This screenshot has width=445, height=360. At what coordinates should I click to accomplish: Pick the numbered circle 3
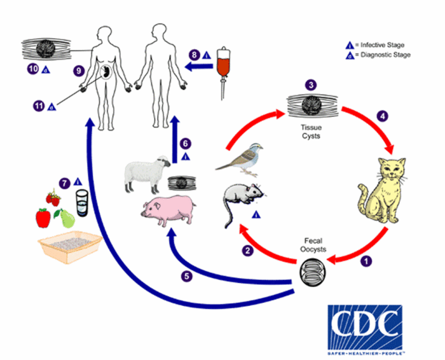coord(310,85)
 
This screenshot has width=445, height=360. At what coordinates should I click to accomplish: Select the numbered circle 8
coord(195,55)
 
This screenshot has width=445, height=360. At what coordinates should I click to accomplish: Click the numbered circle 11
coord(39,106)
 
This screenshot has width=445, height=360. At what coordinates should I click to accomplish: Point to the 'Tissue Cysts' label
coord(310,130)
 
